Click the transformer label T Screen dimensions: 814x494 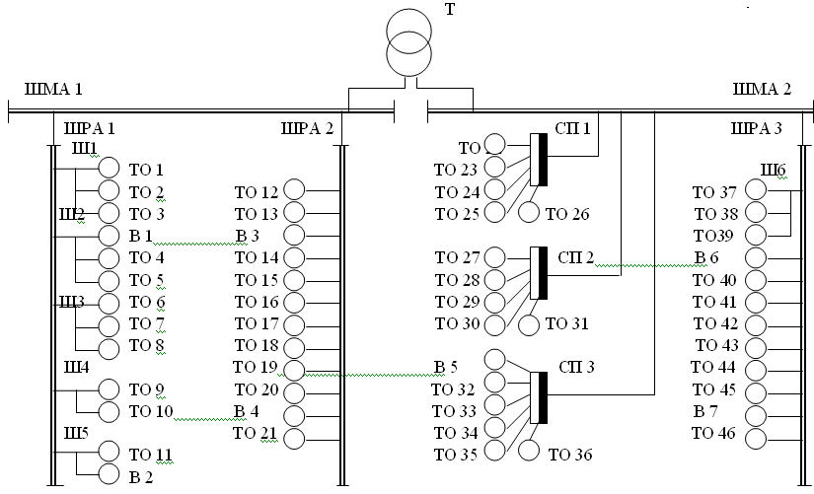[x=450, y=9]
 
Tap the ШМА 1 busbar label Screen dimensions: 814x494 [x=53, y=89]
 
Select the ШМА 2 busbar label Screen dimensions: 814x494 [x=762, y=89]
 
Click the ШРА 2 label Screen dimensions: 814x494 [x=307, y=128]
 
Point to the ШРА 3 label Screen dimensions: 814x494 [x=756, y=128]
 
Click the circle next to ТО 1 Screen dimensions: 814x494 [x=109, y=167]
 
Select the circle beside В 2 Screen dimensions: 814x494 [x=109, y=473]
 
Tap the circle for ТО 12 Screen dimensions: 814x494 [x=294, y=190]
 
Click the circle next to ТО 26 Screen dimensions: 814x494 [x=529, y=212]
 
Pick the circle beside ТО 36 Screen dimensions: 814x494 [x=529, y=450]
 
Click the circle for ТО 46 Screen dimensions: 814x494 [x=756, y=439]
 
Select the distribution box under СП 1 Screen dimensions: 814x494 [x=539, y=160]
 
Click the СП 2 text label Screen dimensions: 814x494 [x=575, y=258]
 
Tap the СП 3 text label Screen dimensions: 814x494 [x=576, y=367]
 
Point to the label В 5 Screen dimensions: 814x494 [x=445, y=367]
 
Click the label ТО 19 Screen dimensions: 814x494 [x=255, y=367]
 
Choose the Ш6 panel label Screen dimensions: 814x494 [x=773, y=170]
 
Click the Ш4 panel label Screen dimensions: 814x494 [x=76, y=368]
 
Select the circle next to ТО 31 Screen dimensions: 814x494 [x=529, y=325]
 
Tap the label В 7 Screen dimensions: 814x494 [x=705, y=411]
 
